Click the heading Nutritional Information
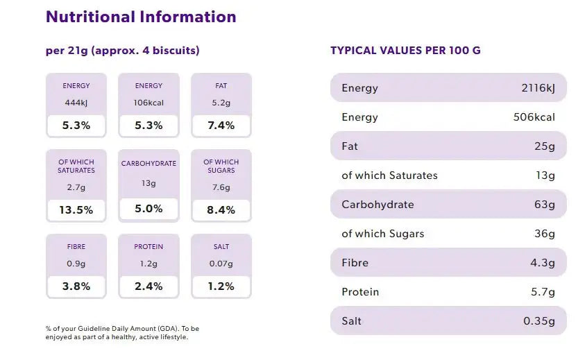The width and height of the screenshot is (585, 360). pos(141,17)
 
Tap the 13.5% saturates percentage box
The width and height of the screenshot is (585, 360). pos(76,209)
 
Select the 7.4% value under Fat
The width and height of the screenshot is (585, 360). pos(221,126)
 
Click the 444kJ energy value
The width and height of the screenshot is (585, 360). pos(76,103)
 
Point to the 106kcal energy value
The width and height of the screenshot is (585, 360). pos(149,103)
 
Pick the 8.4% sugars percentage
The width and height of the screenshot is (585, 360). pos(221,209)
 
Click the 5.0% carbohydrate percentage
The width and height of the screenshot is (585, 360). pos(149,208)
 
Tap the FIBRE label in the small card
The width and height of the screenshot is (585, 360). pos(76,247)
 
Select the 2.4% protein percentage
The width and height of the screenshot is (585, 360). pos(149,286)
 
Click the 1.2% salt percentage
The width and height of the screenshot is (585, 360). pos(221,286)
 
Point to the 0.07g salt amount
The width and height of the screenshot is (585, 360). pos(221,264)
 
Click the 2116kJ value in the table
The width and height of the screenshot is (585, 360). pos(538,88)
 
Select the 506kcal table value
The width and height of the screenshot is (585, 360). pos(534,117)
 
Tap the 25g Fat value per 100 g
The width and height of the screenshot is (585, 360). pos(545,146)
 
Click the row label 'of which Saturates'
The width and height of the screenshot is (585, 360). pos(389,175)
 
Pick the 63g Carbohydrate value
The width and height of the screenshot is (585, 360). pos(545,205)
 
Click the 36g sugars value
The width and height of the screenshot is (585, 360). pos(545,234)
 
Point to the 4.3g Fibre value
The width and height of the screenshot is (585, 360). pos(542,263)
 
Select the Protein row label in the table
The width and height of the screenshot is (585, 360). pos(360,292)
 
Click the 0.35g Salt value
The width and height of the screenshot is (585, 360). pos(539,321)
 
